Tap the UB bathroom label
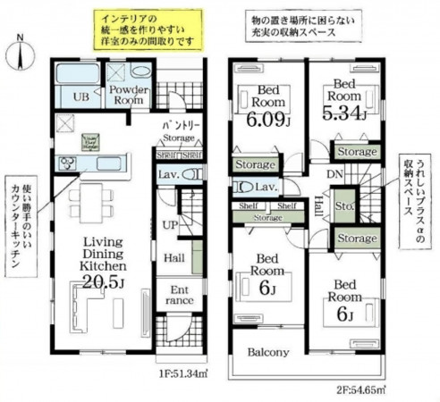coord(79,96)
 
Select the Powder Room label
coord(128,96)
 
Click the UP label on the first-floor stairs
coord(170,225)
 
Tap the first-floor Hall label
coord(174,259)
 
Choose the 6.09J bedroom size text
coord(269,115)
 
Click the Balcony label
coord(268,352)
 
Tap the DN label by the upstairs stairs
coord(334,174)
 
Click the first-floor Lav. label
coord(169,175)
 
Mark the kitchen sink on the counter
coord(68,162)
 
